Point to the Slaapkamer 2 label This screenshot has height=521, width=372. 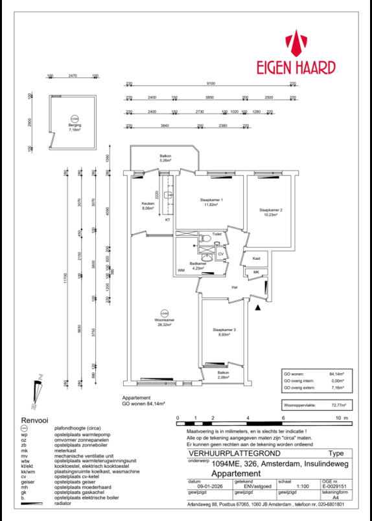(x=270, y=210)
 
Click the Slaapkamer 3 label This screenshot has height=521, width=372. (x=224, y=330)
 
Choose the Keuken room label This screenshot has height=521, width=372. (x=147, y=205)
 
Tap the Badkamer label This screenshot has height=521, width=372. (x=198, y=264)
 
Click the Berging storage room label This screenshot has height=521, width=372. (x=75, y=127)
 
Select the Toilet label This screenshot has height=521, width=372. (x=217, y=234)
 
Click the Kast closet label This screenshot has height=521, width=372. (x=256, y=258)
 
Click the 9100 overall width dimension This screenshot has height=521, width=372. (x=211, y=84)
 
